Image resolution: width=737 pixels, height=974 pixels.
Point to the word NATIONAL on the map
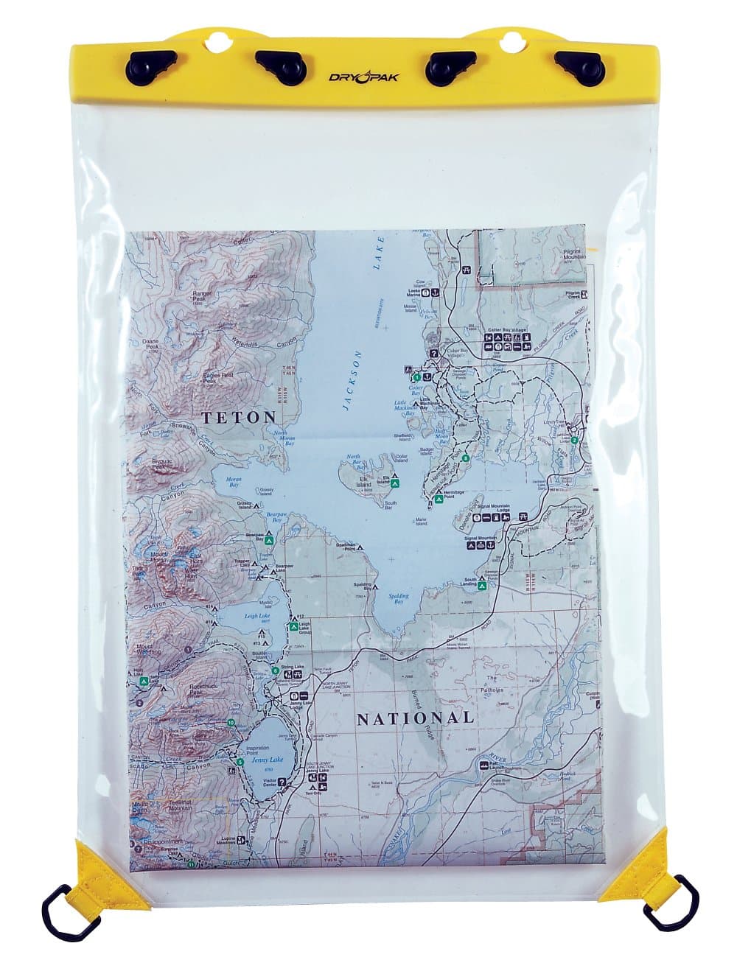tap(415, 718)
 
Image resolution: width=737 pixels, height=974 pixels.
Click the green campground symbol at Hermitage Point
tap(439, 500)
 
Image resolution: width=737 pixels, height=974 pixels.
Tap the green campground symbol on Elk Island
tap(396, 483)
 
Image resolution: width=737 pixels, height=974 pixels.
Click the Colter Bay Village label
tap(508, 331)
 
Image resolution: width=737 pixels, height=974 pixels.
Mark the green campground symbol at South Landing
tap(481, 586)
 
